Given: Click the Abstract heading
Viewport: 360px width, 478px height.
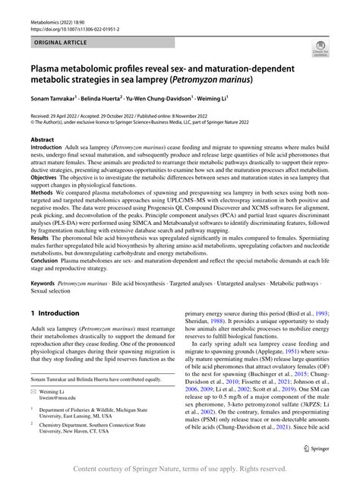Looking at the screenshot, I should (43, 141).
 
